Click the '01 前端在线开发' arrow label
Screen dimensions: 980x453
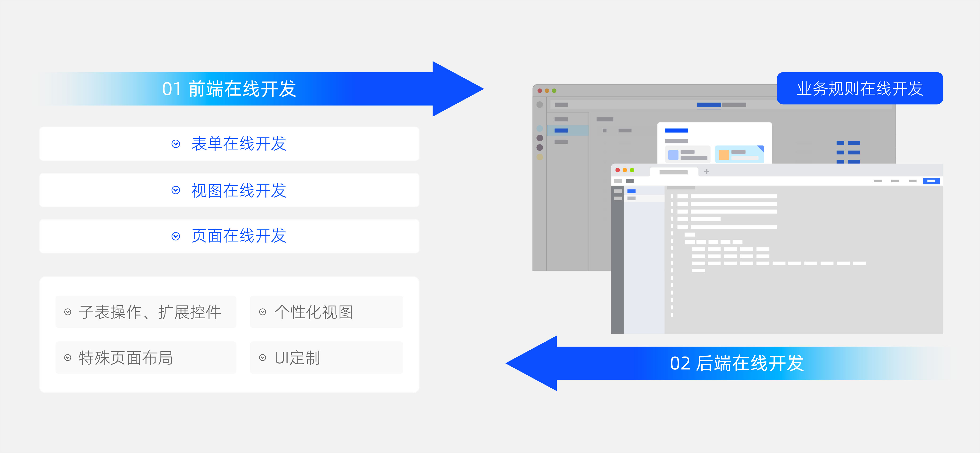point(229,89)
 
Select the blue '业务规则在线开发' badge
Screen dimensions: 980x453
point(860,88)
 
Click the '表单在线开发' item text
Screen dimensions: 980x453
point(239,144)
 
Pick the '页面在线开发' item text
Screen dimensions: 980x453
point(239,236)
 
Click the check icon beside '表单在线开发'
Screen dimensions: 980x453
point(176,144)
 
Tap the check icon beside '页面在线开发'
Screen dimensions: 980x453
point(176,236)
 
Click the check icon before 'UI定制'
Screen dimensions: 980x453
point(262,357)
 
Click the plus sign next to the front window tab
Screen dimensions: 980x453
point(707,172)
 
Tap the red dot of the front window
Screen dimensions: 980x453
point(618,170)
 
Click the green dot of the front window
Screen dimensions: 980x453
point(632,170)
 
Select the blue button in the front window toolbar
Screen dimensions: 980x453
point(931,181)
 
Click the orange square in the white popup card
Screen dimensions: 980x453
point(723,155)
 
